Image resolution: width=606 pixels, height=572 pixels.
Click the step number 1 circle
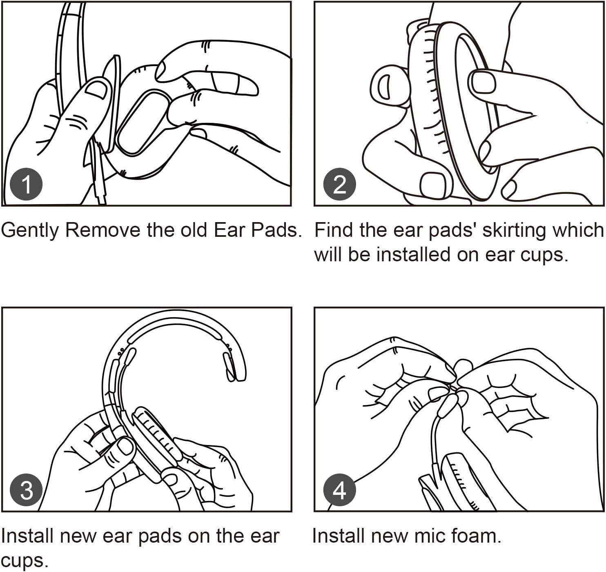26,184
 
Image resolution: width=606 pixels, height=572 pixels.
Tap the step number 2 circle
340,184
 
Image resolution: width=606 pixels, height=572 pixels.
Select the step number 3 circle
26,490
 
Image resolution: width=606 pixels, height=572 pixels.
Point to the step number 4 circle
340,490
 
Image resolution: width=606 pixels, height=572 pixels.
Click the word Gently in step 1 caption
29,230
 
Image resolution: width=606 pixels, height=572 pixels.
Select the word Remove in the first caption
102,230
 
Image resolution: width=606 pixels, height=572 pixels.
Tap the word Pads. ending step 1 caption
276,230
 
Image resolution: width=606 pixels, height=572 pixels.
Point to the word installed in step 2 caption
413,254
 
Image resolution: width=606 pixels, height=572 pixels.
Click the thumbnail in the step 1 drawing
96,90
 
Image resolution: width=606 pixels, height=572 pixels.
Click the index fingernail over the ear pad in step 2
483,82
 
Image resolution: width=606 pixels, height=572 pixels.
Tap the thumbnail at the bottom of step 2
433,185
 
